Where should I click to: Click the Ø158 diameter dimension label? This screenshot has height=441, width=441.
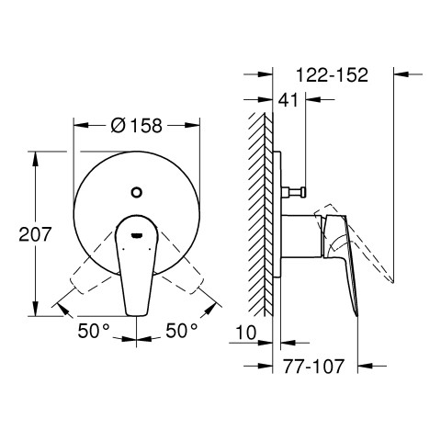136,126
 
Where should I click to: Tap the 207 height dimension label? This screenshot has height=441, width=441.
35,234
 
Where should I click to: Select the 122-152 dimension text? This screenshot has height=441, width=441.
332,74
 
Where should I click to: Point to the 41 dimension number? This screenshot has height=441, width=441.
288,100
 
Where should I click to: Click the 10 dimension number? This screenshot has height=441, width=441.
246,333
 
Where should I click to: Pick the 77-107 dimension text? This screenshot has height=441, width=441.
313,366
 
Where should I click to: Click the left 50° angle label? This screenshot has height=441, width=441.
94,331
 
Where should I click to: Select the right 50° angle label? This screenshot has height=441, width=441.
182,331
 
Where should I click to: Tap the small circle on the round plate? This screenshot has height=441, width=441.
136,192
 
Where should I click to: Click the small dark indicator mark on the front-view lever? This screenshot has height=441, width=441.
137,235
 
